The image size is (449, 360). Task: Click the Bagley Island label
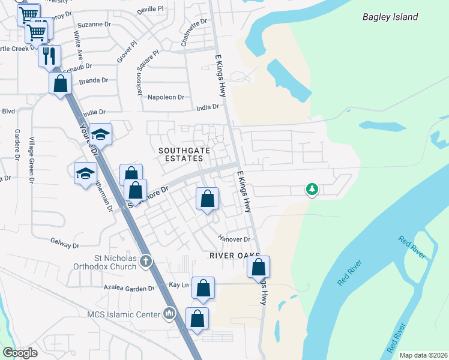(390, 17)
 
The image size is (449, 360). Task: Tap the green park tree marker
(312, 190)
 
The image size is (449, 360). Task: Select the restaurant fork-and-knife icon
(49, 56)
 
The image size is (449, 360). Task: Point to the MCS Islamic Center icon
(169, 314)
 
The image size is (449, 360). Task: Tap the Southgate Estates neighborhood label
(181, 154)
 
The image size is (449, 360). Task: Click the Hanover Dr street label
(234, 239)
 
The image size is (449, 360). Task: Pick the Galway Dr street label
(65, 245)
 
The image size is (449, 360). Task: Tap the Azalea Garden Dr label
(128, 289)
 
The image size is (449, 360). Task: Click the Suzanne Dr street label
(94, 26)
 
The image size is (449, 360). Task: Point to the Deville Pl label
(150, 10)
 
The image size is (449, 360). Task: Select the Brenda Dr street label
(93, 80)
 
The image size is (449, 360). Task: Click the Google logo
(20, 353)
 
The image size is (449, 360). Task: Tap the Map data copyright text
(423, 355)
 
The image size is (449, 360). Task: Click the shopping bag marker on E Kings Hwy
(258, 267)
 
